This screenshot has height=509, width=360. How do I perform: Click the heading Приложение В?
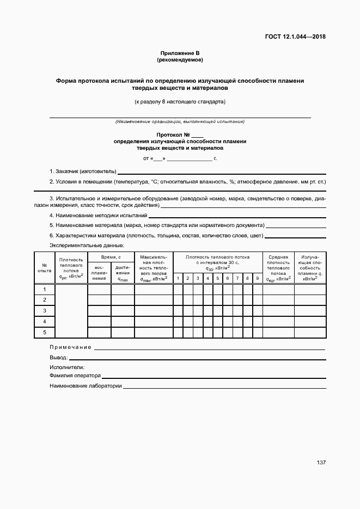180,53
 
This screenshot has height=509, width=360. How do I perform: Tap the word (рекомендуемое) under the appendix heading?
180,59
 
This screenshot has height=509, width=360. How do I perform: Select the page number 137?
321,462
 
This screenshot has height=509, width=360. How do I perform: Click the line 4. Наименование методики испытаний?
98,215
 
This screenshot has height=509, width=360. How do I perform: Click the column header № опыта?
44,267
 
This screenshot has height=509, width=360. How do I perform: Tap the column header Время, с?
111,256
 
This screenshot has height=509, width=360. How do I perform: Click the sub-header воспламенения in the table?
99,273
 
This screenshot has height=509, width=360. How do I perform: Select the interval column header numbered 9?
257,278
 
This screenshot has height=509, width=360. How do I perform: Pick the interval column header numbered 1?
178,278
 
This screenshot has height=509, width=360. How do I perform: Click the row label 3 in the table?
45,310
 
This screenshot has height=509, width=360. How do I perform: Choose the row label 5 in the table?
45,332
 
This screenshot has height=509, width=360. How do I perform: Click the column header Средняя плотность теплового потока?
278,267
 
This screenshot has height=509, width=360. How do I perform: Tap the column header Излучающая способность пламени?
309,267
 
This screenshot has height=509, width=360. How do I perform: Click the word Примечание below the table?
70,347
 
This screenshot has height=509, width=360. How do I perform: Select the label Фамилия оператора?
75,376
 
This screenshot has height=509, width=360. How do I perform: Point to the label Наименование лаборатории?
85,386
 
